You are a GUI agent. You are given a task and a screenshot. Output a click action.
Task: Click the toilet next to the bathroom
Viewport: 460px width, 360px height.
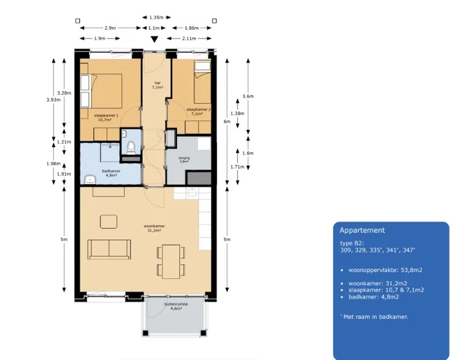[x=130, y=148]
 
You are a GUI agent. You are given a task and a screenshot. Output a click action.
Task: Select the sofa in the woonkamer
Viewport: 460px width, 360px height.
[x=110, y=248]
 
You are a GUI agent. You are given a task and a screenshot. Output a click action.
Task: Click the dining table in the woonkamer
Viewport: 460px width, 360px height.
[x=170, y=261]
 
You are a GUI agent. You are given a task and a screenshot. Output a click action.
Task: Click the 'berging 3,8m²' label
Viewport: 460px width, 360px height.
[x=184, y=159]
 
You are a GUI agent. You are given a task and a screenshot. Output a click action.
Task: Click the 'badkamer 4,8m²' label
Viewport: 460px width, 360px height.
[x=110, y=172]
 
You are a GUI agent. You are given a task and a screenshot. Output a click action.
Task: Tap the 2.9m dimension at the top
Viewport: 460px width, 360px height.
[x=111, y=28]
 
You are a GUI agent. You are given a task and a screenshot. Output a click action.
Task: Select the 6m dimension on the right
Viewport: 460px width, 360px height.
[x=227, y=121]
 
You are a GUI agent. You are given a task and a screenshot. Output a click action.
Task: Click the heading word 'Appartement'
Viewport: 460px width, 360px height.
[x=362, y=231]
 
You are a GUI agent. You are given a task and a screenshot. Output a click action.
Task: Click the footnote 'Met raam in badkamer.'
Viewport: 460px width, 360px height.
[x=375, y=316]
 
